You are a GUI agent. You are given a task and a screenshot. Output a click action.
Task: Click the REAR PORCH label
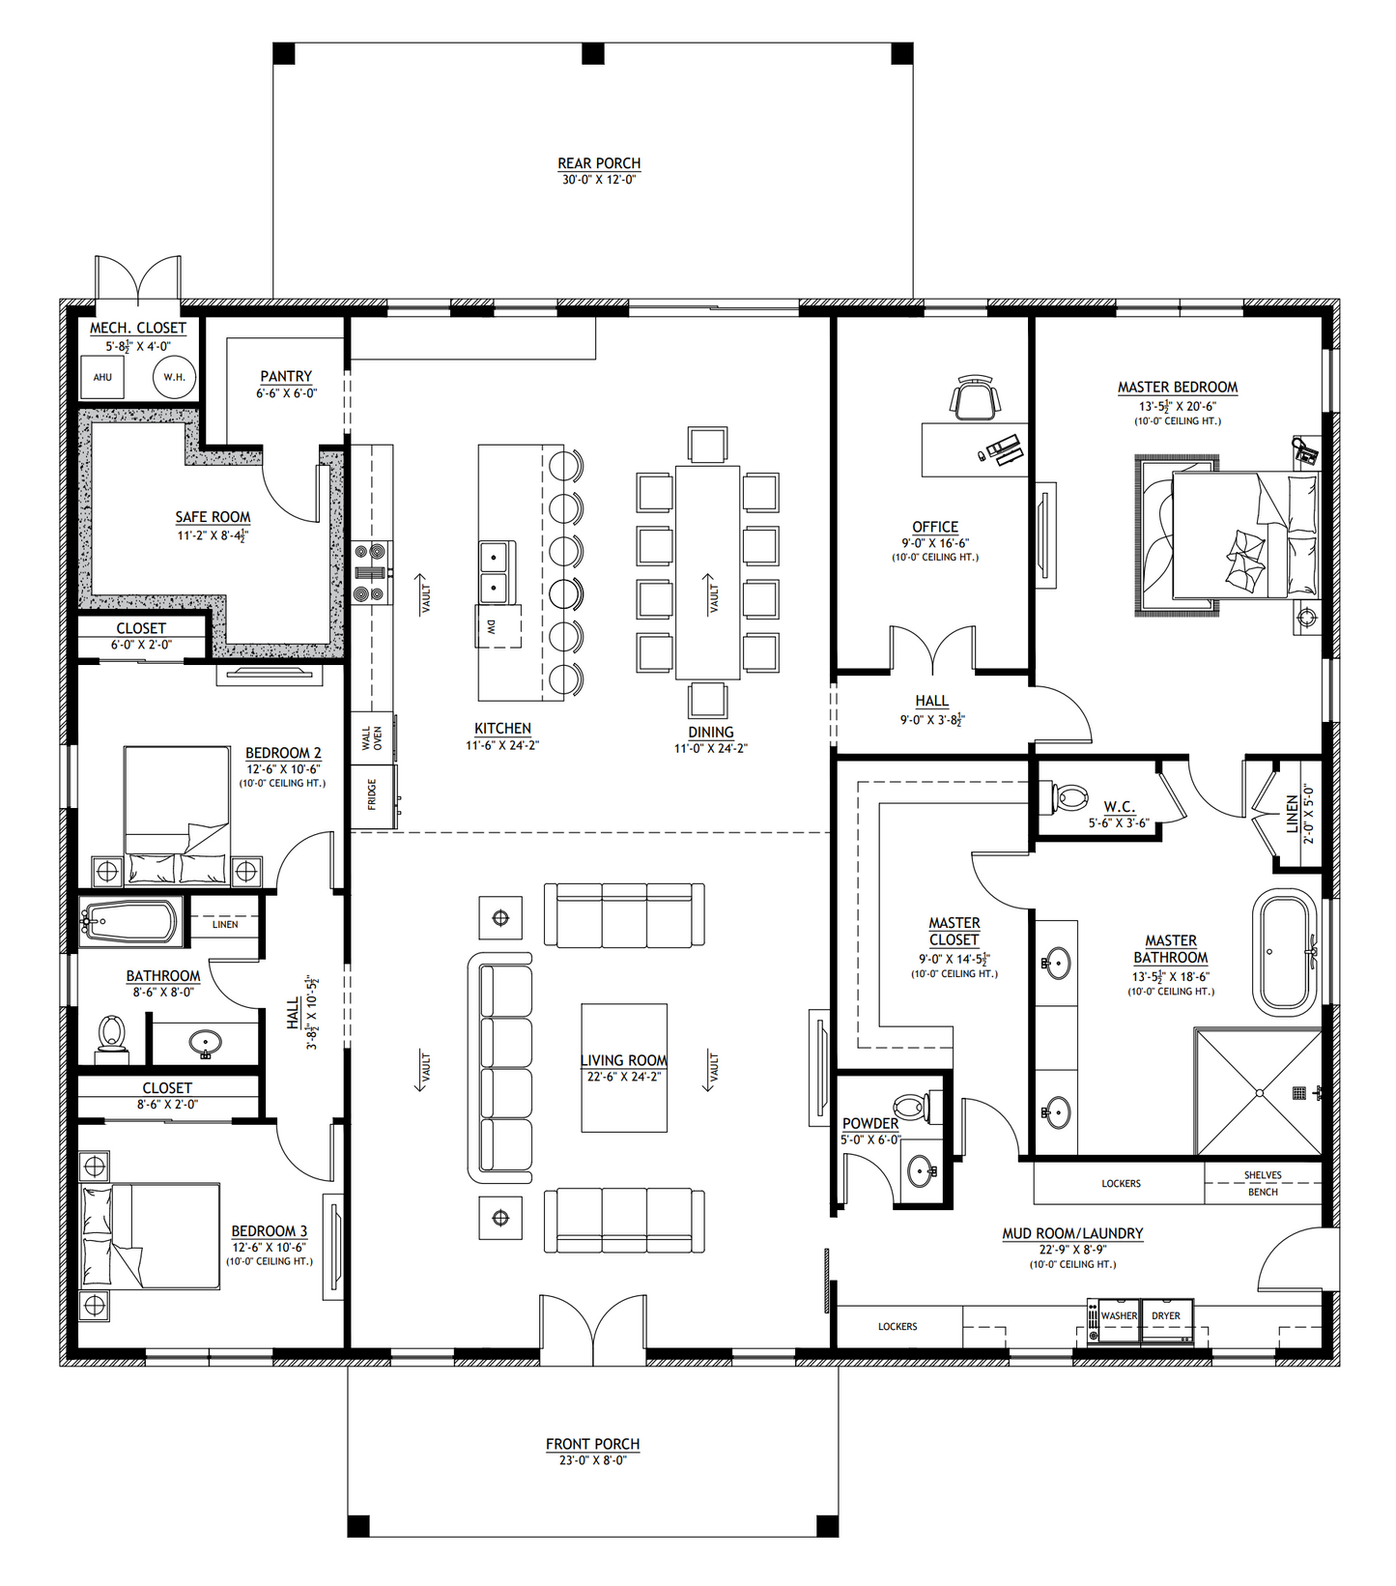599,163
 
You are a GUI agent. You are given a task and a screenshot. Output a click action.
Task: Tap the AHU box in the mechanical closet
102,377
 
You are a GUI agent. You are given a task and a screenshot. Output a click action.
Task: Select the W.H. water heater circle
174,377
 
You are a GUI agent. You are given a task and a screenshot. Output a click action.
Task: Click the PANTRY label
286,376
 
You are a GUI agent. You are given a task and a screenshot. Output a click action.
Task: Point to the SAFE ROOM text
213,517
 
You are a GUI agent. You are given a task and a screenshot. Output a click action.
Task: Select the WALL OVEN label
372,738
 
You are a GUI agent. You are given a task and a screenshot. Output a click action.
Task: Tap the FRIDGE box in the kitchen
372,796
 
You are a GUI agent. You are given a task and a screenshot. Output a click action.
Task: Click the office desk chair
974,398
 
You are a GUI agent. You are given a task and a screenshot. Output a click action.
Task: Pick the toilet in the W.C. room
1069,798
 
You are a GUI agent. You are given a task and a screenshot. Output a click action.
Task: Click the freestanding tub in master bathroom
1284,952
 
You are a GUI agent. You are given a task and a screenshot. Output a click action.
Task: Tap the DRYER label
1166,1316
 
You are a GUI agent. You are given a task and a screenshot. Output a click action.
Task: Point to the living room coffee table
624,1067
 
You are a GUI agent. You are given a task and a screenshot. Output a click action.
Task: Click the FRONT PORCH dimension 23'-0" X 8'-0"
592,1460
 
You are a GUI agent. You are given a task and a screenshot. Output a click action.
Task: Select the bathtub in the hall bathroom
130,923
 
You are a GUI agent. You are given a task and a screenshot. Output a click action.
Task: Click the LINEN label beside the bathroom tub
225,925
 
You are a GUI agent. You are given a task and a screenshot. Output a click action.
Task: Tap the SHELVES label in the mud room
1263,1175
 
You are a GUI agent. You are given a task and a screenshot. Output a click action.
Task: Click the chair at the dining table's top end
707,446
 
